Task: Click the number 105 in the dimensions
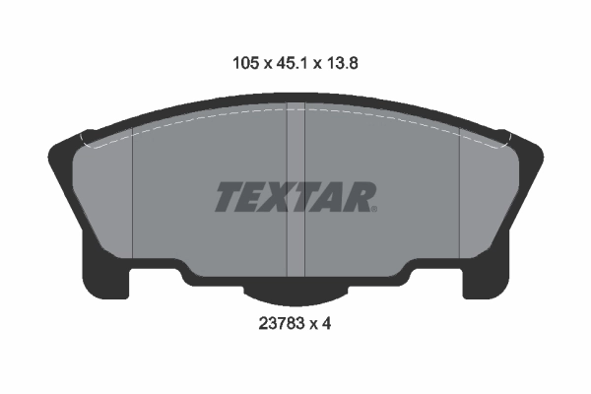point(246,63)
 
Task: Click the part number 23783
point(281,323)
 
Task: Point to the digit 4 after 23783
point(326,323)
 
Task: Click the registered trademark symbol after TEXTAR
point(374,209)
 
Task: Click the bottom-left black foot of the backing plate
point(105,278)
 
